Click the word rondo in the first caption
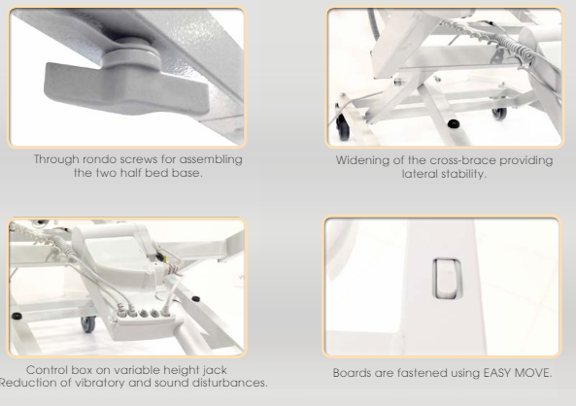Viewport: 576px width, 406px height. tap(96, 159)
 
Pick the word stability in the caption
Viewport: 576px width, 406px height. tap(462, 174)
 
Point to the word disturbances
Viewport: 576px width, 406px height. tap(230, 383)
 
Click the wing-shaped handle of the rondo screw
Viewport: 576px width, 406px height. tap(125, 88)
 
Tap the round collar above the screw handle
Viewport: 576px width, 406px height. tap(129, 55)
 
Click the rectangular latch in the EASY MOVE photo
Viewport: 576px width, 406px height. tap(447, 279)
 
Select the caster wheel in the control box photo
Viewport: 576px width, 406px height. tap(88, 324)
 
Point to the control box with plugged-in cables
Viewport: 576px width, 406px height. tap(143, 323)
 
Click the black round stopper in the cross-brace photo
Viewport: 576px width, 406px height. tap(454, 123)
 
